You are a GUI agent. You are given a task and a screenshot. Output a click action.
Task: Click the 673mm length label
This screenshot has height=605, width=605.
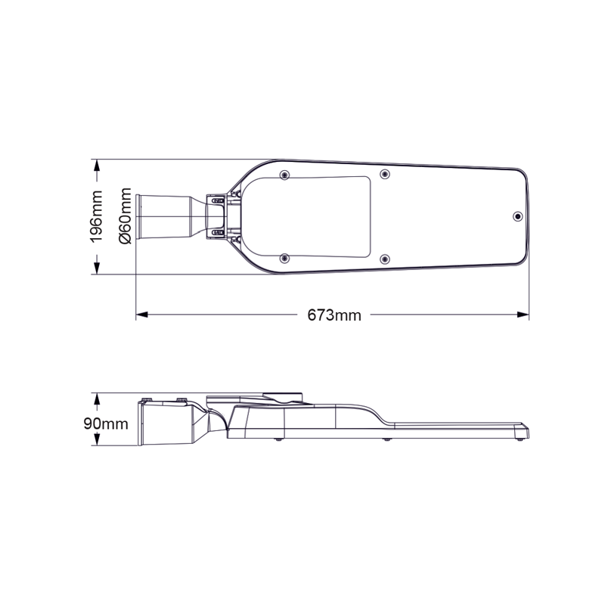(334, 315)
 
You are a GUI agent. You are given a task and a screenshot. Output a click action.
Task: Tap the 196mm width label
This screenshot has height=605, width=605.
(97, 216)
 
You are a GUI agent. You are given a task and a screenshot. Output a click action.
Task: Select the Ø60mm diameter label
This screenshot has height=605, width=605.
(126, 216)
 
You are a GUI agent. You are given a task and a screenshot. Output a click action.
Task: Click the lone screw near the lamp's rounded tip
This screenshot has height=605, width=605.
(517, 216)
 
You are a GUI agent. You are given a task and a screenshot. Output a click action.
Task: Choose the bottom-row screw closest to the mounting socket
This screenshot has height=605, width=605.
(284, 259)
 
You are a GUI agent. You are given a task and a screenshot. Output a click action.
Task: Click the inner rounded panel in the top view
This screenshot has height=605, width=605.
(318, 216)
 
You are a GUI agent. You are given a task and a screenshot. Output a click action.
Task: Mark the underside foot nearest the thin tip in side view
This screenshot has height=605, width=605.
(520, 437)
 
